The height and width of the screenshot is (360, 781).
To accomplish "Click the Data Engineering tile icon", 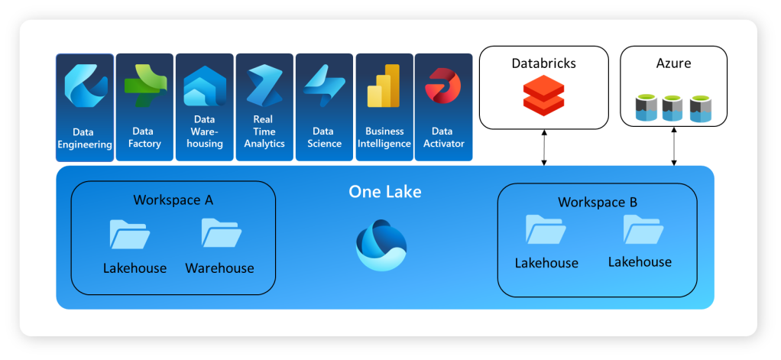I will (84, 88).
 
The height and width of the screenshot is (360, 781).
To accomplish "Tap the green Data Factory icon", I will (144, 86).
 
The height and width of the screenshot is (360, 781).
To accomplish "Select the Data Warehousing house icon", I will (204, 86).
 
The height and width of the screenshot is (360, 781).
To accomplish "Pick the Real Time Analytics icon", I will (264, 86).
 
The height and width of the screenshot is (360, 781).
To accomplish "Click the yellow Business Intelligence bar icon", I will (384, 86).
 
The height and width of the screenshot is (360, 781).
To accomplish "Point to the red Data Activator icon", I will (443, 86).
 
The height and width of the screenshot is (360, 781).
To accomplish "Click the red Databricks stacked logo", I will (543, 96).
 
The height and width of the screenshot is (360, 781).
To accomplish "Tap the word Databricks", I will (543, 63).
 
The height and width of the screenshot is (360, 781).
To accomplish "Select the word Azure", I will (673, 63).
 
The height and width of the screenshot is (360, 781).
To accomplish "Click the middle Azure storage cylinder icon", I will (672, 109).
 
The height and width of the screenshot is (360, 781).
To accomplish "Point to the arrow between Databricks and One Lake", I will (543, 148).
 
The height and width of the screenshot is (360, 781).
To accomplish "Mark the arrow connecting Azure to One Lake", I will (673, 148).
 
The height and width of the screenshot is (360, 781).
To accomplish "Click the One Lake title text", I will (384, 191).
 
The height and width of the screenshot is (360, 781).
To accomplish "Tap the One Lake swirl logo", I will (381, 244).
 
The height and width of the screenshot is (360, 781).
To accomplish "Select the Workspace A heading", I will (173, 200).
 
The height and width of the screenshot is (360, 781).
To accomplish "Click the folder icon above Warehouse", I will (221, 233).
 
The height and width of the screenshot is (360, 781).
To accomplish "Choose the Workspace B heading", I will (597, 203).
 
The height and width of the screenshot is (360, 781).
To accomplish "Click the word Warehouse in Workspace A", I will (219, 268).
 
